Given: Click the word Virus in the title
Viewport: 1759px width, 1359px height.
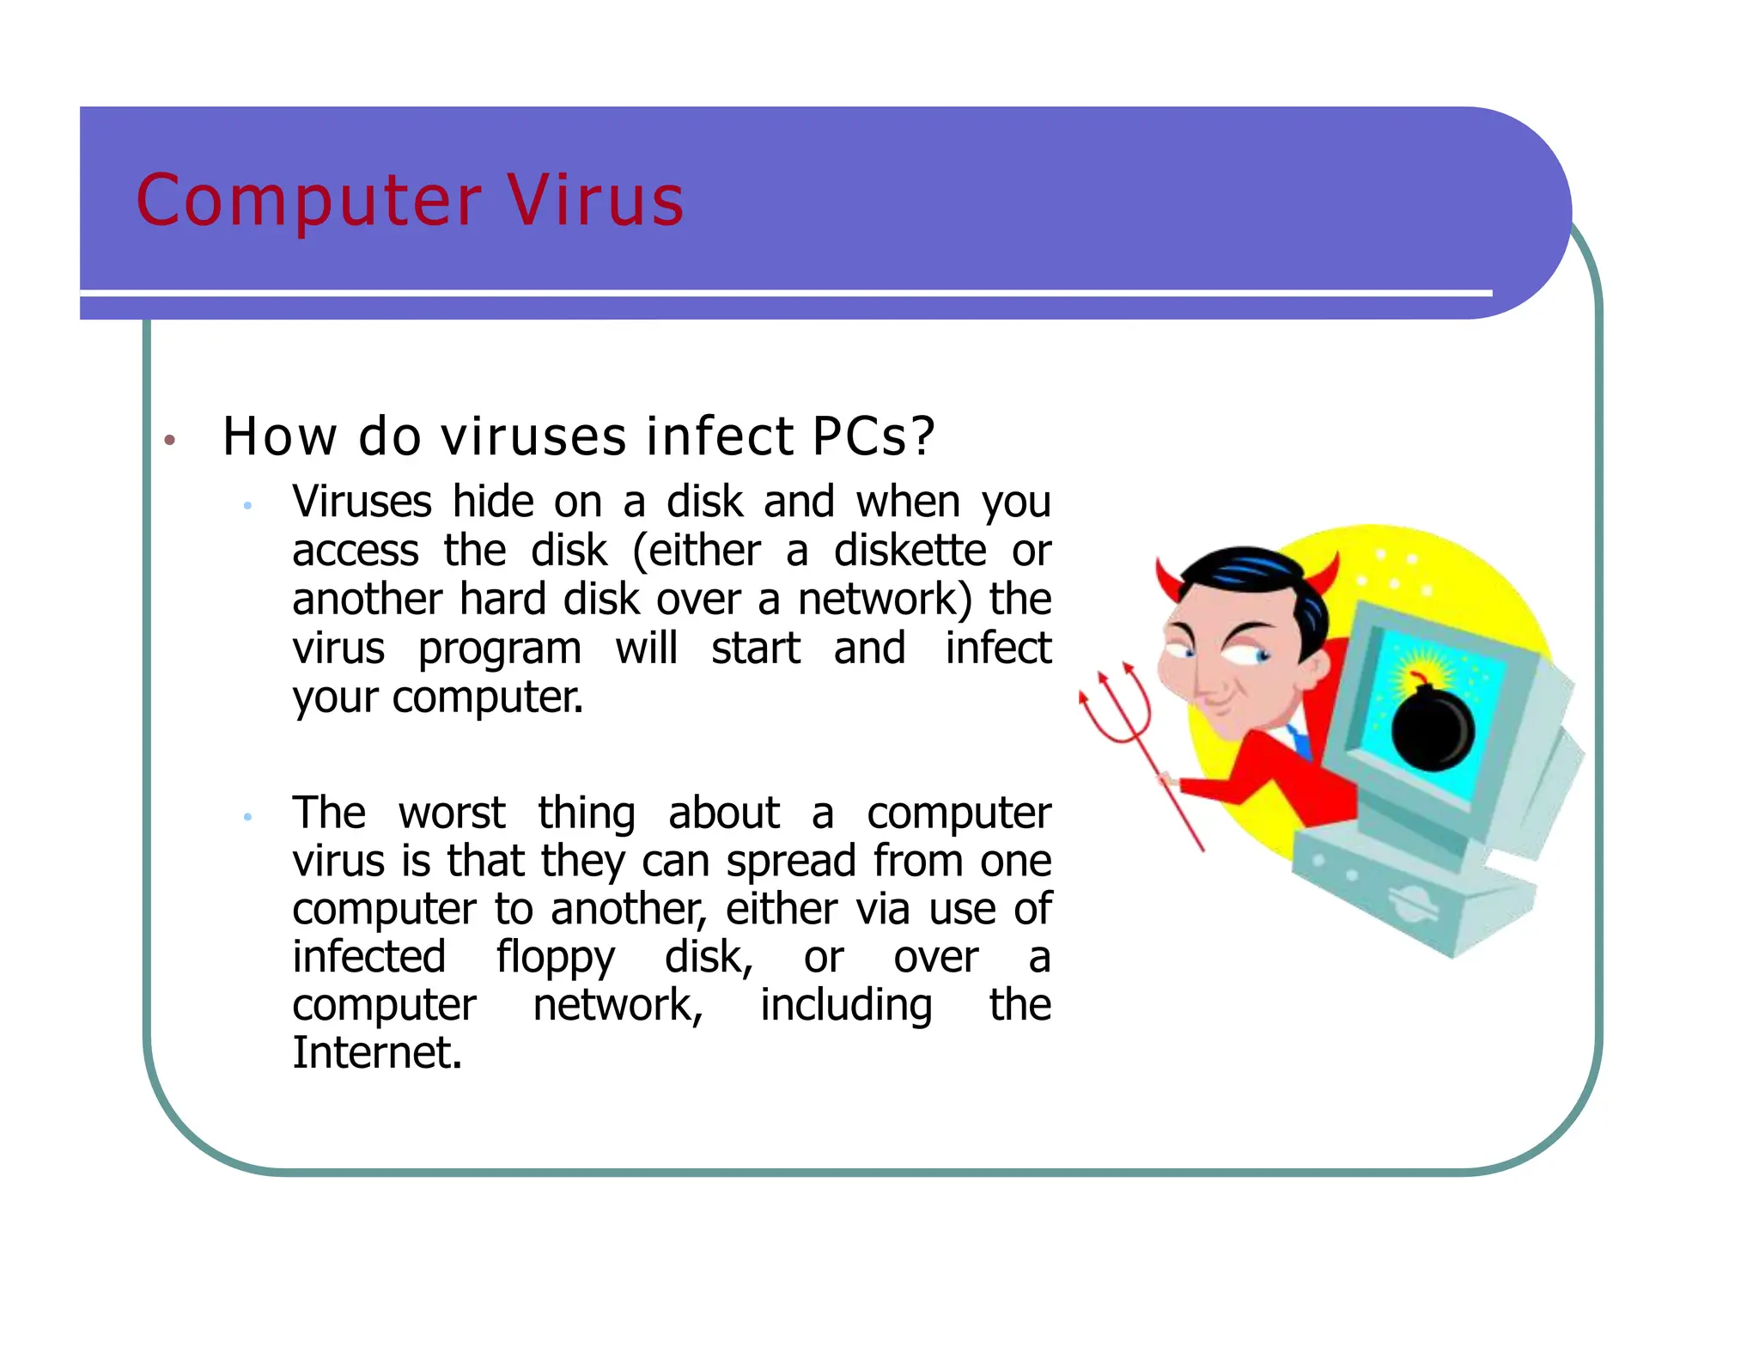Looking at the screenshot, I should (x=595, y=201).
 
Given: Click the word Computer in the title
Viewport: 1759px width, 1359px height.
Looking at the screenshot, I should (x=309, y=203).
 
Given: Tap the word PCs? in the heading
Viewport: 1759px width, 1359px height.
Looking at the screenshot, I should (x=873, y=436).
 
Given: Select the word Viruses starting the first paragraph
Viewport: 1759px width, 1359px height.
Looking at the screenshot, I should (x=362, y=502).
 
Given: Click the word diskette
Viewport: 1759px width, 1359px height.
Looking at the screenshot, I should (x=910, y=551).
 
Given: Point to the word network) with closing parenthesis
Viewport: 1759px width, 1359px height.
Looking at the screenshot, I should (x=886, y=600).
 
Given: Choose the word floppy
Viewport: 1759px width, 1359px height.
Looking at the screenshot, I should (x=555, y=959).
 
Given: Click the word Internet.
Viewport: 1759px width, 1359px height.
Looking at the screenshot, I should (x=376, y=1053).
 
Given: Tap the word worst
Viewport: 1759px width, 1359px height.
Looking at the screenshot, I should (x=452, y=813).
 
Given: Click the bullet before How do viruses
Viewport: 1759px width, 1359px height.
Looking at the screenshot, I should (x=170, y=441).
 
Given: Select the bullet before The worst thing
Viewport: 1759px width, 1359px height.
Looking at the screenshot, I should (x=247, y=817).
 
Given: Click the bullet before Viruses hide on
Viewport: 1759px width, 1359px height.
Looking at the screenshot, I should (x=247, y=506).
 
